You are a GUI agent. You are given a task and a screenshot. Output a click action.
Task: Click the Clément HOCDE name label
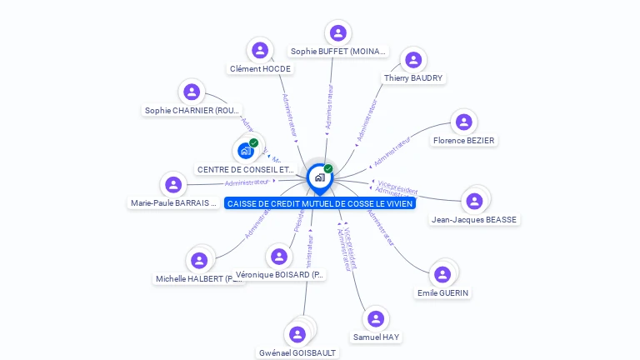260,68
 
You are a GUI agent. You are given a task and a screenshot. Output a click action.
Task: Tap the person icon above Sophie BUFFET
337,33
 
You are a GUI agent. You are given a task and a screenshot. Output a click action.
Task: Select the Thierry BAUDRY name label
413,77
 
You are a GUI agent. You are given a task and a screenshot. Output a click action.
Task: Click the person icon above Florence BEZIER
464,122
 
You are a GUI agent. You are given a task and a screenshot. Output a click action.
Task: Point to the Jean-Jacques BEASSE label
474,219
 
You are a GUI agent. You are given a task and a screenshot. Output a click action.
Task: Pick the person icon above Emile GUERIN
442,274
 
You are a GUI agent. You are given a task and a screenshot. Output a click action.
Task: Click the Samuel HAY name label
376,337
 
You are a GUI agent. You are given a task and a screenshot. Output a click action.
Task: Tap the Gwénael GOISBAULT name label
297,352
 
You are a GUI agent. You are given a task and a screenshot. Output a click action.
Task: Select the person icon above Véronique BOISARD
279,256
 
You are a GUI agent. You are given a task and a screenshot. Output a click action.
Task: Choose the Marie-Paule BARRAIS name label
173,202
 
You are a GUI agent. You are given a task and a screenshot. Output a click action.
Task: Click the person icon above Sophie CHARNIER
192,92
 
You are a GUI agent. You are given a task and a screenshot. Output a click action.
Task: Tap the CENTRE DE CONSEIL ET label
246,169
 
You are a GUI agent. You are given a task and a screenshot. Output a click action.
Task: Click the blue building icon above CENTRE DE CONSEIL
245,151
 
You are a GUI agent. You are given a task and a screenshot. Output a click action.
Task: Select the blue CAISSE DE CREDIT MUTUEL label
319,203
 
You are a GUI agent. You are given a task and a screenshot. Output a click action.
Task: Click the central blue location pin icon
318,177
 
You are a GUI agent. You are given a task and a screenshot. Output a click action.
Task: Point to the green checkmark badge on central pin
328,168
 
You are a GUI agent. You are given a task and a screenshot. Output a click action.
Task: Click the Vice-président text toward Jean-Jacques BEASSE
397,186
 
